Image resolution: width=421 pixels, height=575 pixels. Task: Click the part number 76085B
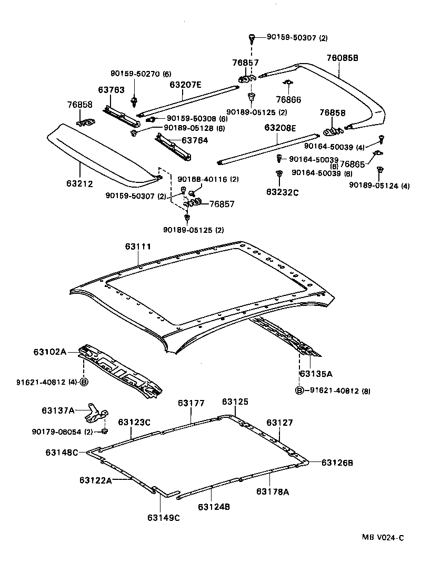click(342, 58)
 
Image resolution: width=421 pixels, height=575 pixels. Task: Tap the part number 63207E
click(185, 84)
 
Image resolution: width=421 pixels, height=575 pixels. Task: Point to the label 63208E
click(280, 128)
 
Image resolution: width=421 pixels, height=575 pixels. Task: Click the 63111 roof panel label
click(138, 247)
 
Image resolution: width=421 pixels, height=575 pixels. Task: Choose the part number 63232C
click(282, 192)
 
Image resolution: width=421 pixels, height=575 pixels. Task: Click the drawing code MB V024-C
click(383, 537)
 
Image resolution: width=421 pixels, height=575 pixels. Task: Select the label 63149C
click(164, 518)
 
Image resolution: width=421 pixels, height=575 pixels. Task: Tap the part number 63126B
click(337, 463)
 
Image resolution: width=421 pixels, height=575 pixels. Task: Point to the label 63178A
click(273, 491)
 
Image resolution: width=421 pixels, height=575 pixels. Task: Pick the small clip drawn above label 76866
click(288, 83)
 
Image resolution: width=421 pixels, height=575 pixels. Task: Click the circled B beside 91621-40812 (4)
click(83, 382)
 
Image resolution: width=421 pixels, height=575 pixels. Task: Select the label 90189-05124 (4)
click(379, 186)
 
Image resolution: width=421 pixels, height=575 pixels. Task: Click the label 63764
click(195, 140)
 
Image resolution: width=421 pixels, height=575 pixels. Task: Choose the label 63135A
click(316, 374)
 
